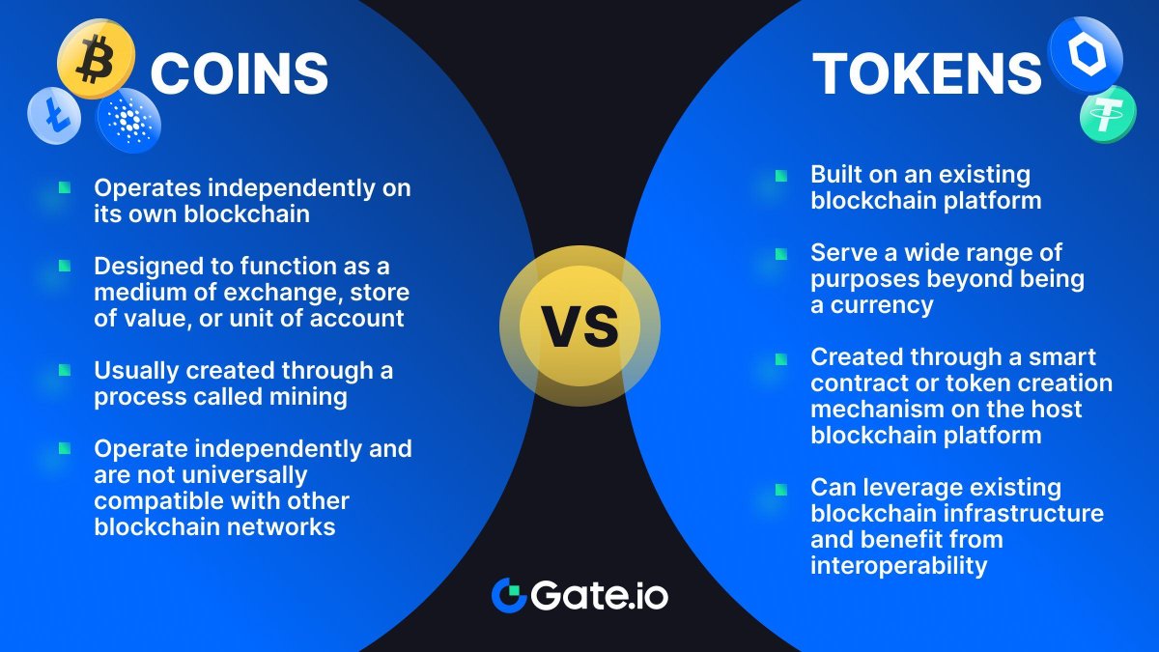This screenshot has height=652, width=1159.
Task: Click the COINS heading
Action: pyautogui.click(x=240, y=73)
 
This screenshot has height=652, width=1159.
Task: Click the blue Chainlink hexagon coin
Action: pyautogui.click(x=1085, y=55)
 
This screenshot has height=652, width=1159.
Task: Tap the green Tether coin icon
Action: pyautogui.click(x=1107, y=114)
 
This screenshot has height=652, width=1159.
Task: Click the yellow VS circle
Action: pyautogui.click(x=579, y=326)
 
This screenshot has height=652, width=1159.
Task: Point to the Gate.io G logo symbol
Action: pyautogui.click(x=508, y=595)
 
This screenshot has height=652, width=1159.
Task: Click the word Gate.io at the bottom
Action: pyautogui.click(x=599, y=595)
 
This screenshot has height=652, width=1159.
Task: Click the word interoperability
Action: pyautogui.click(x=899, y=565)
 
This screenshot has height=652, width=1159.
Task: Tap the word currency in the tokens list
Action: pyautogui.click(x=879, y=305)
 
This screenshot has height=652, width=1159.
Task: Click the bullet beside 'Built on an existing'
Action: pyautogui.click(x=780, y=176)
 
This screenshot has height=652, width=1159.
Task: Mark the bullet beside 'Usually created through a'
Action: pyautogui.click(x=65, y=370)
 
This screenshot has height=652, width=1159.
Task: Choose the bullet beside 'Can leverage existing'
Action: pyautogui.click(x=780, y=488)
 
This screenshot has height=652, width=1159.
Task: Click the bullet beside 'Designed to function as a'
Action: pyautogui.click(x=65, y=265)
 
